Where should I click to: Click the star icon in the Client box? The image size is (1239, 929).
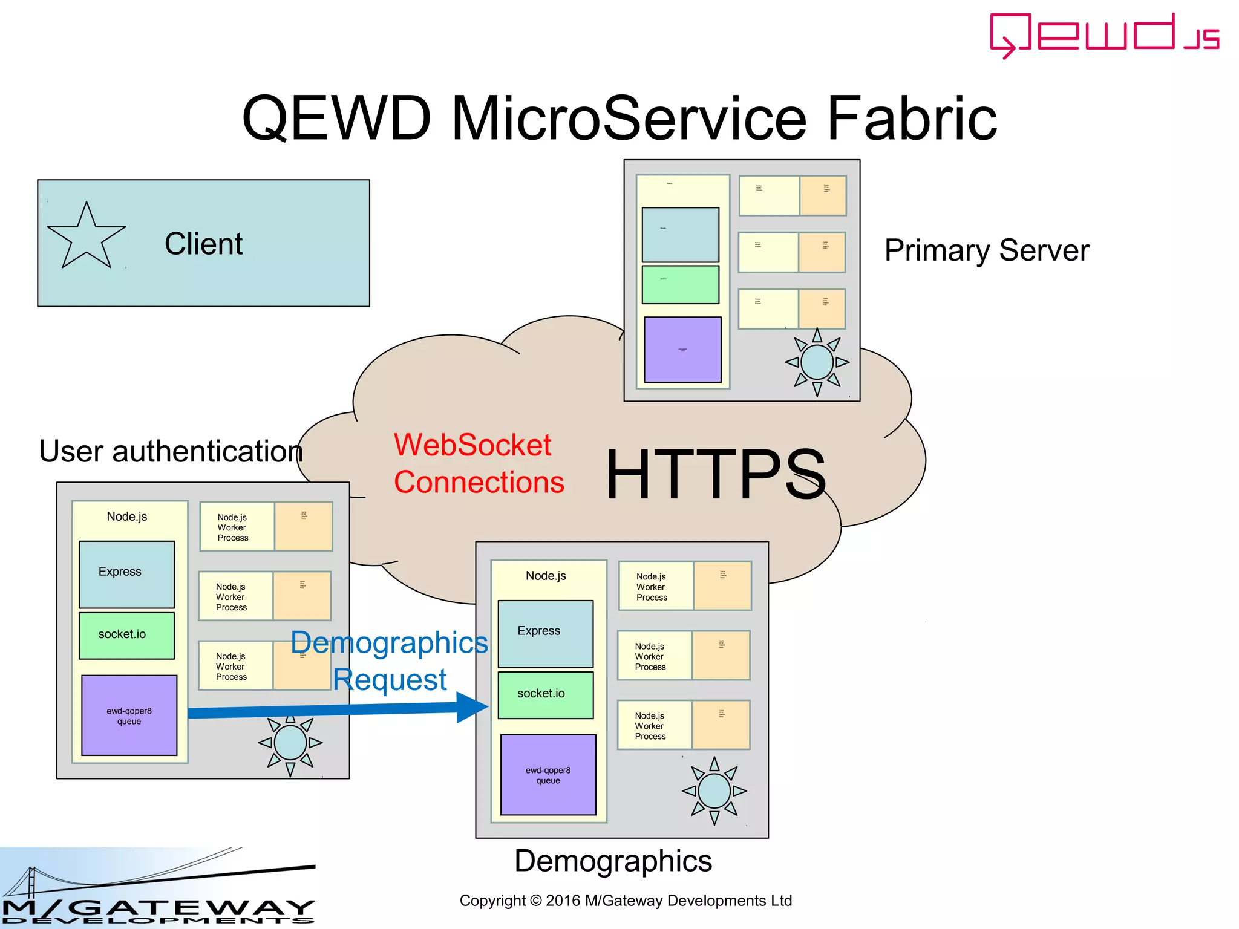coord(86,237)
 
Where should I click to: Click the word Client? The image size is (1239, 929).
coord(203,244)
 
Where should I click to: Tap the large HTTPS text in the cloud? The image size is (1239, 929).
coord(715,475)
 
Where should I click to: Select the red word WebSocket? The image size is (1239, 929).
coord(472,445)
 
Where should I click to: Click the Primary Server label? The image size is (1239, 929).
coord(986,250)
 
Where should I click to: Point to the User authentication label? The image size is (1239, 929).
coord(171,451)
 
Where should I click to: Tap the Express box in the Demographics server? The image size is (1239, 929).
coord(545,633)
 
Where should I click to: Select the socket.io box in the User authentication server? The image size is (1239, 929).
coord(126,635)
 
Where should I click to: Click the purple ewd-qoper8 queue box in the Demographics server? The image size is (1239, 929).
coord(548,775)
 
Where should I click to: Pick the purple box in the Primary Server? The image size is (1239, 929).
coord(682,350)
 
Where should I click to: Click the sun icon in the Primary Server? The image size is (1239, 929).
coord(817,362)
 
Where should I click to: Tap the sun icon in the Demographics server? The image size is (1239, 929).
coord(714,790)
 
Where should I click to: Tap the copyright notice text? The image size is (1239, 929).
coord(626,901)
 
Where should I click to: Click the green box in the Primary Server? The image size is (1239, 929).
coord(680,284)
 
